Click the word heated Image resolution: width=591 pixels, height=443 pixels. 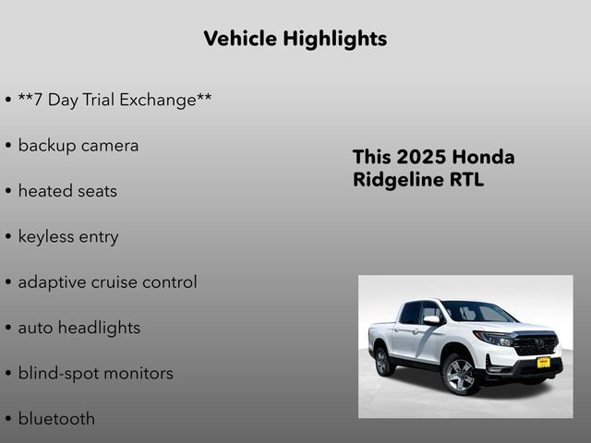click(46, 191)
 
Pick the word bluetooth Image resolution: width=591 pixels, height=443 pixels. click(56, 419)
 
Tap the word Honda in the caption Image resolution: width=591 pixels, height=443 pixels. click(486, 157)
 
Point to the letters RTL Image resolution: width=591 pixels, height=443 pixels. click(466, 179)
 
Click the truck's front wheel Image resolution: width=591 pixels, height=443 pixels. click(459, 374)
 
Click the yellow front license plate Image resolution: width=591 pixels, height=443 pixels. click(544, 362)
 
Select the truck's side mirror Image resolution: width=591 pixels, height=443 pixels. click(431, 320)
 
